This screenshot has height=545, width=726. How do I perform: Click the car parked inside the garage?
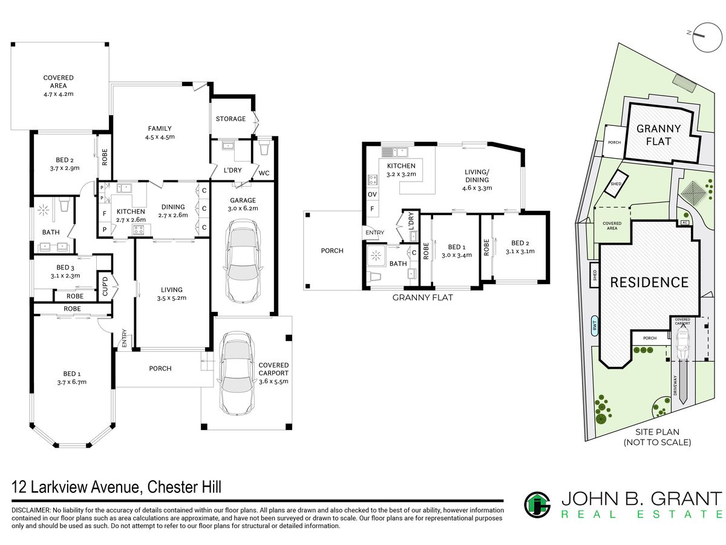tap(243, 261)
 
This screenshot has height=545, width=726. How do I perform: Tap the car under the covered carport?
tap(236, 373)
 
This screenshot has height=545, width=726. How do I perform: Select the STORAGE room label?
tap(231, 119)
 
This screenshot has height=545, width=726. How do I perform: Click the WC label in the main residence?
tap(264, 173)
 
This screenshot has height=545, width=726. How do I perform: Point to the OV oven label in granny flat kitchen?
tap(372, 194)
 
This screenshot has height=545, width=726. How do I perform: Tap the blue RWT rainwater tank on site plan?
tap(594, 326)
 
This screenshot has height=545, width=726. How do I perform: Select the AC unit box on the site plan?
tap(685, 223)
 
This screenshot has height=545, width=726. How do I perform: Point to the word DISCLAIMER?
tap(31, 510)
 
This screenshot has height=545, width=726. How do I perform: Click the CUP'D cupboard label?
tap(105, 286)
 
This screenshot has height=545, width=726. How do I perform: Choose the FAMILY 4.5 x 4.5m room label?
tap(160, 133)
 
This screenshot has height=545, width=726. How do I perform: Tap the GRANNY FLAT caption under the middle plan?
tap(422, 297)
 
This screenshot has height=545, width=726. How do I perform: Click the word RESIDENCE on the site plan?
tap(649, 282)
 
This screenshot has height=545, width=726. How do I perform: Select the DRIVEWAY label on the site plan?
tap(675, 385)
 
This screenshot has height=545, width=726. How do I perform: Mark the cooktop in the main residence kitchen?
tap(138, 230)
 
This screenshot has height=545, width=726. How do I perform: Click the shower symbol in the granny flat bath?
tap(376, 256)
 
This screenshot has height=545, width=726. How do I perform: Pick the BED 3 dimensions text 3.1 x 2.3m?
tap(65, 276)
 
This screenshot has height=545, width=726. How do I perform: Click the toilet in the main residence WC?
tap(264, 148)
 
